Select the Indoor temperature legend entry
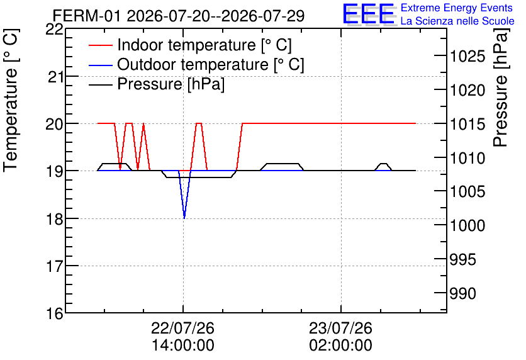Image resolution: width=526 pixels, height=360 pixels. pos(190,45)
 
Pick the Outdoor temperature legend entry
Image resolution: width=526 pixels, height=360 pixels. pos(196,64)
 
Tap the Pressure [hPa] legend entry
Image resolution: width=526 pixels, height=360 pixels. pos(157,84)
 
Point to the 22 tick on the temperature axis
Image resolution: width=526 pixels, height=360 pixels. pos(54,30)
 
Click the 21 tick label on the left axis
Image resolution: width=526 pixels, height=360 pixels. pos(55,77)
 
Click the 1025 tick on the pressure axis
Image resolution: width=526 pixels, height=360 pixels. pos(467,56)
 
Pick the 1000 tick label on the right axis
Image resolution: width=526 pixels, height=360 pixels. pos(467,225)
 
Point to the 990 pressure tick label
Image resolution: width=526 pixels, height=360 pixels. pos(462,293)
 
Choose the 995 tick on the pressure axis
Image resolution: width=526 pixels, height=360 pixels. pos(462,259)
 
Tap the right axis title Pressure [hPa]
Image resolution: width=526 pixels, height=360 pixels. pos(500,87)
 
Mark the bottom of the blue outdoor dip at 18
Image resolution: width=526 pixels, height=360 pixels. pos(184,218)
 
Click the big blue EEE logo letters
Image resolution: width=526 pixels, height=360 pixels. pos(368,13)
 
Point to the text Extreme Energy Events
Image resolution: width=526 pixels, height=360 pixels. pos(457,8)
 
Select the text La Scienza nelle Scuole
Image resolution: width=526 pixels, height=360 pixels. pos(457,21)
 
